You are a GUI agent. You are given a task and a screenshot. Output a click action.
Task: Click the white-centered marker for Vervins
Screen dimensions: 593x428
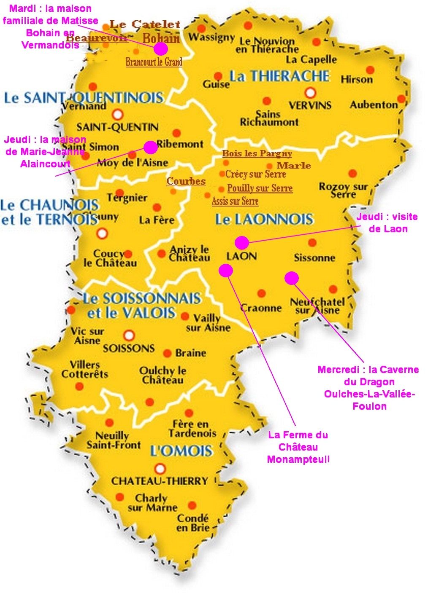tap(311, 92)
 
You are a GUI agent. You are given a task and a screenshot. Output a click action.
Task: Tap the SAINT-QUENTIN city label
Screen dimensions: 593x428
tap(117, 127)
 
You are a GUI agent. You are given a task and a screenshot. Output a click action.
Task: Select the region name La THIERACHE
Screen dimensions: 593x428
tap(279, 76)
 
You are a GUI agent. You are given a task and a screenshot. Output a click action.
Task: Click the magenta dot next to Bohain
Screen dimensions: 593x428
tap(160, 49)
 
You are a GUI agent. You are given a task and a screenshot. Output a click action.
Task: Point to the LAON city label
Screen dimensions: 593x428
tap(241, 256)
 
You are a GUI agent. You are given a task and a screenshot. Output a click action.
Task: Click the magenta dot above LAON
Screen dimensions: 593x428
tap(241, 242)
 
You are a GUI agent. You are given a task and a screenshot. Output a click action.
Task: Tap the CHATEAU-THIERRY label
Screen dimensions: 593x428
tap(160, 481)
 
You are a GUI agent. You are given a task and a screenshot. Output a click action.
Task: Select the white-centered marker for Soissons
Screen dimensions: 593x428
tap(129, 335)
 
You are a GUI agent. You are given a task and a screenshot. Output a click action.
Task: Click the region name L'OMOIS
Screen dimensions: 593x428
tap(181, 451)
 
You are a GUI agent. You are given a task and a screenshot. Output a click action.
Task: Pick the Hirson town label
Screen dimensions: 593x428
tap(357, 79)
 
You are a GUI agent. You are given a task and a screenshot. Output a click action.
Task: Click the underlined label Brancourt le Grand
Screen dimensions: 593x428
tap(154, 62)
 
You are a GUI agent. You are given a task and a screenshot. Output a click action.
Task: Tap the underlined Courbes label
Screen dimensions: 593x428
tap(186, 181)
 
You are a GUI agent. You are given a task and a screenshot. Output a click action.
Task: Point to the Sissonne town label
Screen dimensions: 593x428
tap(314, 258)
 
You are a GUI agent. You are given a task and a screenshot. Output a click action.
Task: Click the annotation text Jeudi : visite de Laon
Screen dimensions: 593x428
tap(387, 223)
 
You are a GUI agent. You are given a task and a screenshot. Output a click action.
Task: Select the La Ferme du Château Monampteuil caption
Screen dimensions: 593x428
tap(298, 447)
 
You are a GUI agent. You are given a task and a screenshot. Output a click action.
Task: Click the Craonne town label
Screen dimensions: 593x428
tap(261, 308)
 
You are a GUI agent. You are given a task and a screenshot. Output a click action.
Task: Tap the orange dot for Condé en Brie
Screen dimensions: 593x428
tap(192, 505)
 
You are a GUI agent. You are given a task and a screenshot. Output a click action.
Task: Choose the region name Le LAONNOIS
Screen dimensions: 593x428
tap(264, 219)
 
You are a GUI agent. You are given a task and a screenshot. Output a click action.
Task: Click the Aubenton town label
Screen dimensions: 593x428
tap(374, 105)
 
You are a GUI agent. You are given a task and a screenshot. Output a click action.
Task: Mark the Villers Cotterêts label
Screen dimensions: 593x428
tap(85, 369)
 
